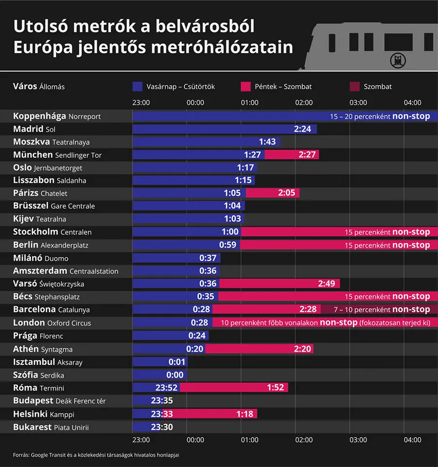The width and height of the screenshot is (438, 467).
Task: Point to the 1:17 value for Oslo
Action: coord(245,167)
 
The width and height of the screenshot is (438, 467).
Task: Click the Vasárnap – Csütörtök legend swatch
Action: coord(137,87)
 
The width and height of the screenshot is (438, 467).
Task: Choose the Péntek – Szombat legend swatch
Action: coord(245,87)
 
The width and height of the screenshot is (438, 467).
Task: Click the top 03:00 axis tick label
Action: coord(358,103)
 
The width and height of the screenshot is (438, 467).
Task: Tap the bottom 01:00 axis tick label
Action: coord(249,440)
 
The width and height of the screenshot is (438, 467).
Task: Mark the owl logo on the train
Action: coord(398,60)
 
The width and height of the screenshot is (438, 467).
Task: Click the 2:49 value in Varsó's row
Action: coord(328,284)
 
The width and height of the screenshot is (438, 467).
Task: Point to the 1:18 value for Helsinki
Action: coord(245,413)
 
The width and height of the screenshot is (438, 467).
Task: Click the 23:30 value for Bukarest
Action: coord(162,427)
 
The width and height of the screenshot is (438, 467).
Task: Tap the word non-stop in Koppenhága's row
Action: coord(411,116)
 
